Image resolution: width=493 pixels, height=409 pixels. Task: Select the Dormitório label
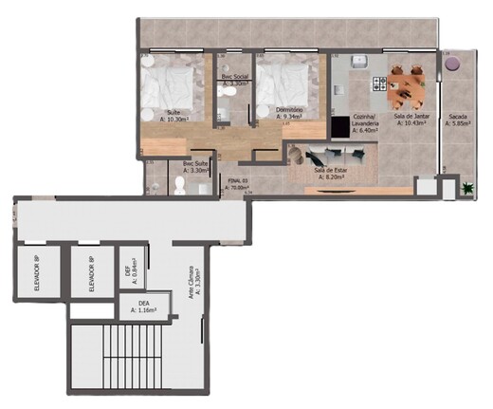(x=289, y=113)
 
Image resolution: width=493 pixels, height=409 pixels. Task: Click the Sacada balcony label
(x=457, y=121)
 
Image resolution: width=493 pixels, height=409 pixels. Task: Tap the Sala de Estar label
(x=329, y=171)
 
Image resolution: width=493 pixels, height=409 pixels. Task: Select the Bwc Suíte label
(x=196, y=166)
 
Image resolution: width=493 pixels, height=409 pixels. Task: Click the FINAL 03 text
(x=238, y=180)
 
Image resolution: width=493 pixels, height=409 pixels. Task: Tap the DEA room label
(x=145, y=305)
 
